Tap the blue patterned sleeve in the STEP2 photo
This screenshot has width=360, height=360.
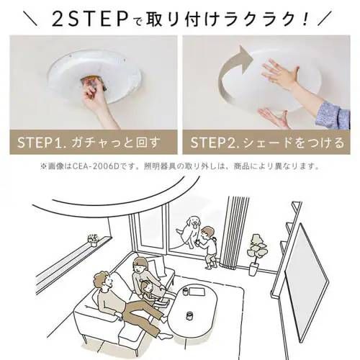(332, 112)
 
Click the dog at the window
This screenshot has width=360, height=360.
(190, 231)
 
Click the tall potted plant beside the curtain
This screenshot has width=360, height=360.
(255, 252)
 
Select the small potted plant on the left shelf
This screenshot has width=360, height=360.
(92, 239)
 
